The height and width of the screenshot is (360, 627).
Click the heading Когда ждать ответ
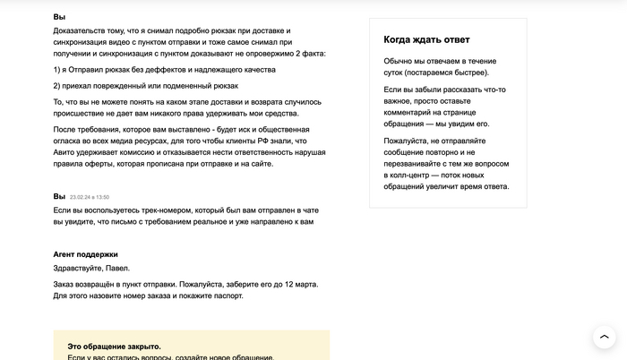[x=426, y=39]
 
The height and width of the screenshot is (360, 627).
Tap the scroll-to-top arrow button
[x=604, y=338]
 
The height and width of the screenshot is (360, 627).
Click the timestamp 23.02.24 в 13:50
[x=90, y=197]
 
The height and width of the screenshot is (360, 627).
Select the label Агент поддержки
[x=85, y=254]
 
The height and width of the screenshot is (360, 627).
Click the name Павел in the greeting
[x=117, y=268]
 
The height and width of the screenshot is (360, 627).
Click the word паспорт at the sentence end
[x=224, y=296]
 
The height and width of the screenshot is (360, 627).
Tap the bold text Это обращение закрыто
[x=114, y=346]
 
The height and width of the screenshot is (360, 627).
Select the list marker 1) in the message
[x=57, y=69]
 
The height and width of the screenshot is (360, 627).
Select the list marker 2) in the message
[x=57, y=86]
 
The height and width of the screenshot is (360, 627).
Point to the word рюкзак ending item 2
[x=221, y=86]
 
